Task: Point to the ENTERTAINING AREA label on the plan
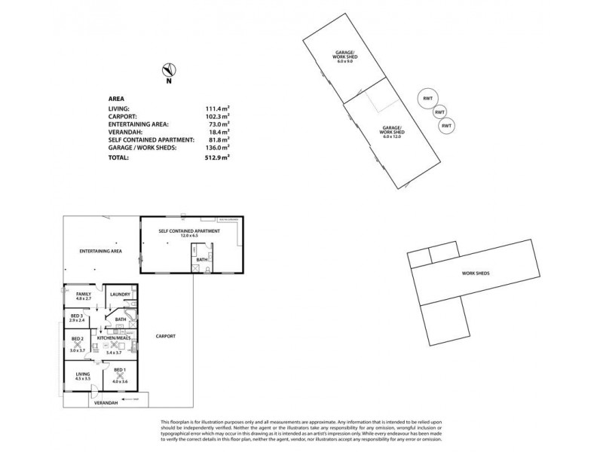pos(102,250)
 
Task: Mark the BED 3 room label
pos(76,316)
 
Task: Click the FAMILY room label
pos(83,294)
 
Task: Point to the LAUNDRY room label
pos(120,294)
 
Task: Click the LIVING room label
pos(82,373)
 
